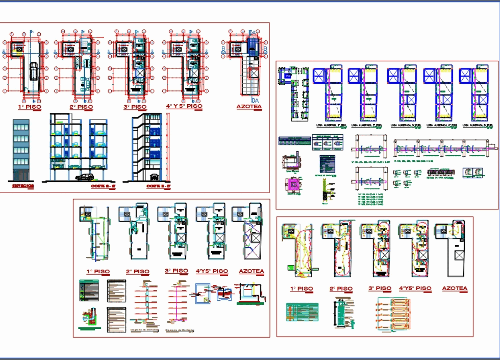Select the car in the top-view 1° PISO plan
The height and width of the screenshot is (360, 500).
pyautogui.click(x=34, y=72)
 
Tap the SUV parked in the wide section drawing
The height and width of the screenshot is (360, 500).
pyautogui.click(x=84, y=177)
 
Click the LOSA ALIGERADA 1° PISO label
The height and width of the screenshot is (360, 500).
pyautogui.click(x=331, y=125)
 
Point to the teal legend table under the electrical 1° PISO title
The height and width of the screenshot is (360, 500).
pyautogui.click(x=302, y=312)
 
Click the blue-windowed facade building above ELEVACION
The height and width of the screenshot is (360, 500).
pyautogui.click(x=21, y=148)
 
